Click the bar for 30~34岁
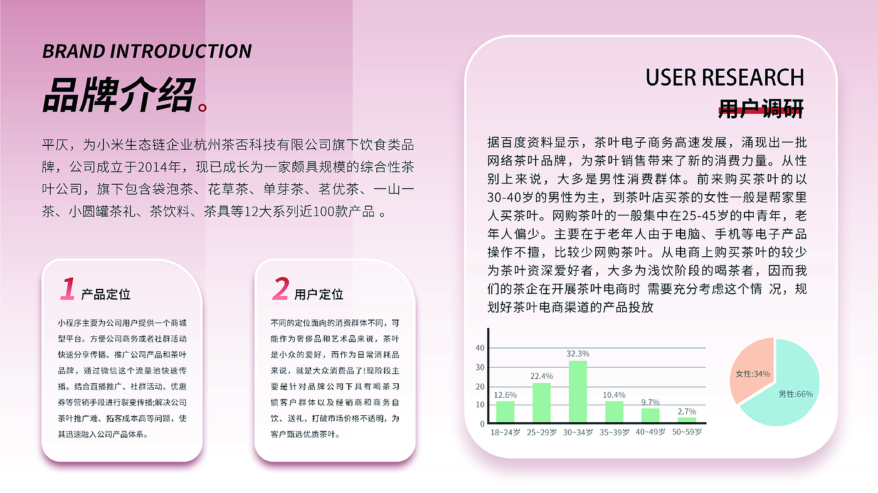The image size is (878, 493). [x=578, y=392]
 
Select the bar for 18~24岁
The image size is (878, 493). [x=505, y=412]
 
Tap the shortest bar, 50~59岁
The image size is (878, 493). [x=687, y=420]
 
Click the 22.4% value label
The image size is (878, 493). [x=541, y=376]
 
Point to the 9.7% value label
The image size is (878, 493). [x=650, y=402]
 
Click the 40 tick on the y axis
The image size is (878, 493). [x=480, y=348]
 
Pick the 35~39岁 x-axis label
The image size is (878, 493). [x=614, y=432]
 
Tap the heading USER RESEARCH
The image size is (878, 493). [x=725, y=78]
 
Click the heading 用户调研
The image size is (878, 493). [x=761, y=108]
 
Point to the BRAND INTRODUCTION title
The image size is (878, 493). [x=147, y=51]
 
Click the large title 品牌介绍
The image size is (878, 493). [x=119, y=95]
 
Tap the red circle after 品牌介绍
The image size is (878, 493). [x=203, y=106]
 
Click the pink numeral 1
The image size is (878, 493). [x=68, y=289]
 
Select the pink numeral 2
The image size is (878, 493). [x=281, y=289]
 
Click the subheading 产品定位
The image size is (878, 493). [x=106, y=294]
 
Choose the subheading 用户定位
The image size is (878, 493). [x=319, y=294]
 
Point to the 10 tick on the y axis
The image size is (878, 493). [x=480, y=405]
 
